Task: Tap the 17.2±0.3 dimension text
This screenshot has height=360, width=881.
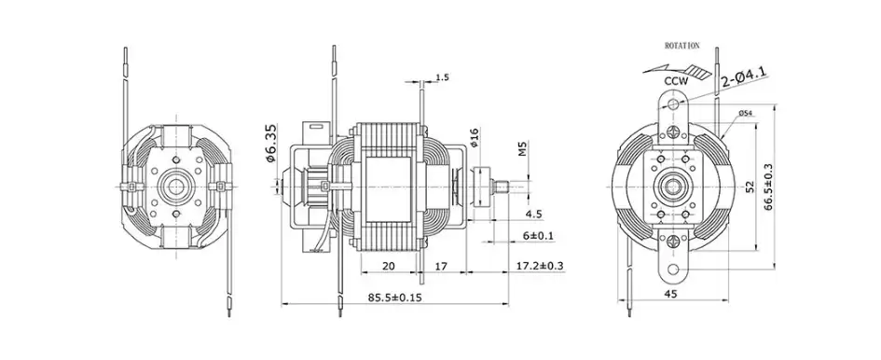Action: coord(540,267)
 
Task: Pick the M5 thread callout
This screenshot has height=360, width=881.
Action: coord(523,149)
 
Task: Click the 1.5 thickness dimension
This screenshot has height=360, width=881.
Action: coord(442,78)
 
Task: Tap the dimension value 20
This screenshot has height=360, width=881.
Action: coord(389,267)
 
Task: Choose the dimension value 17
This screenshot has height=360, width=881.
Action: coord(443,267)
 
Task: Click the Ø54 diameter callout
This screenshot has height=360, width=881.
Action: coord(745,113)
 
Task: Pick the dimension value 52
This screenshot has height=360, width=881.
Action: coord(749,187)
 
